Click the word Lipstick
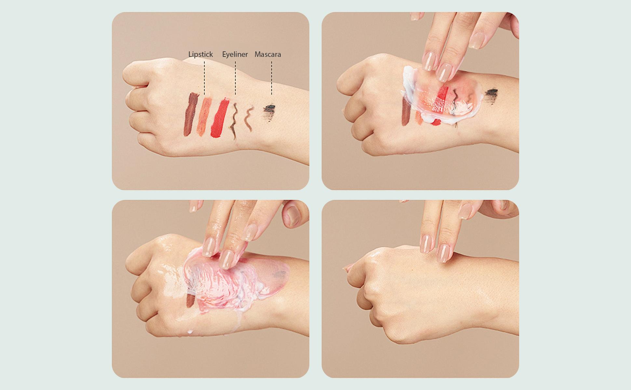click(200, 55)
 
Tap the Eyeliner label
click(235, 55)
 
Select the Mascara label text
click(268, 54)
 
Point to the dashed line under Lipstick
click(204, 78)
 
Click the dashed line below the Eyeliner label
click(235, 78)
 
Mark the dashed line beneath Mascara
click(272, 78)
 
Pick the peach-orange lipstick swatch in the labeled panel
click(205, 115)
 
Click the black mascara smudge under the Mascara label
click(269, 110)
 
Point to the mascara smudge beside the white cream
click(491, 94)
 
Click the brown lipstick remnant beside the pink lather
click(190, 301)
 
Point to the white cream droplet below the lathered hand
click(190, 332)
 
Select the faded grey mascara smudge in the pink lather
click(279, 275)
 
